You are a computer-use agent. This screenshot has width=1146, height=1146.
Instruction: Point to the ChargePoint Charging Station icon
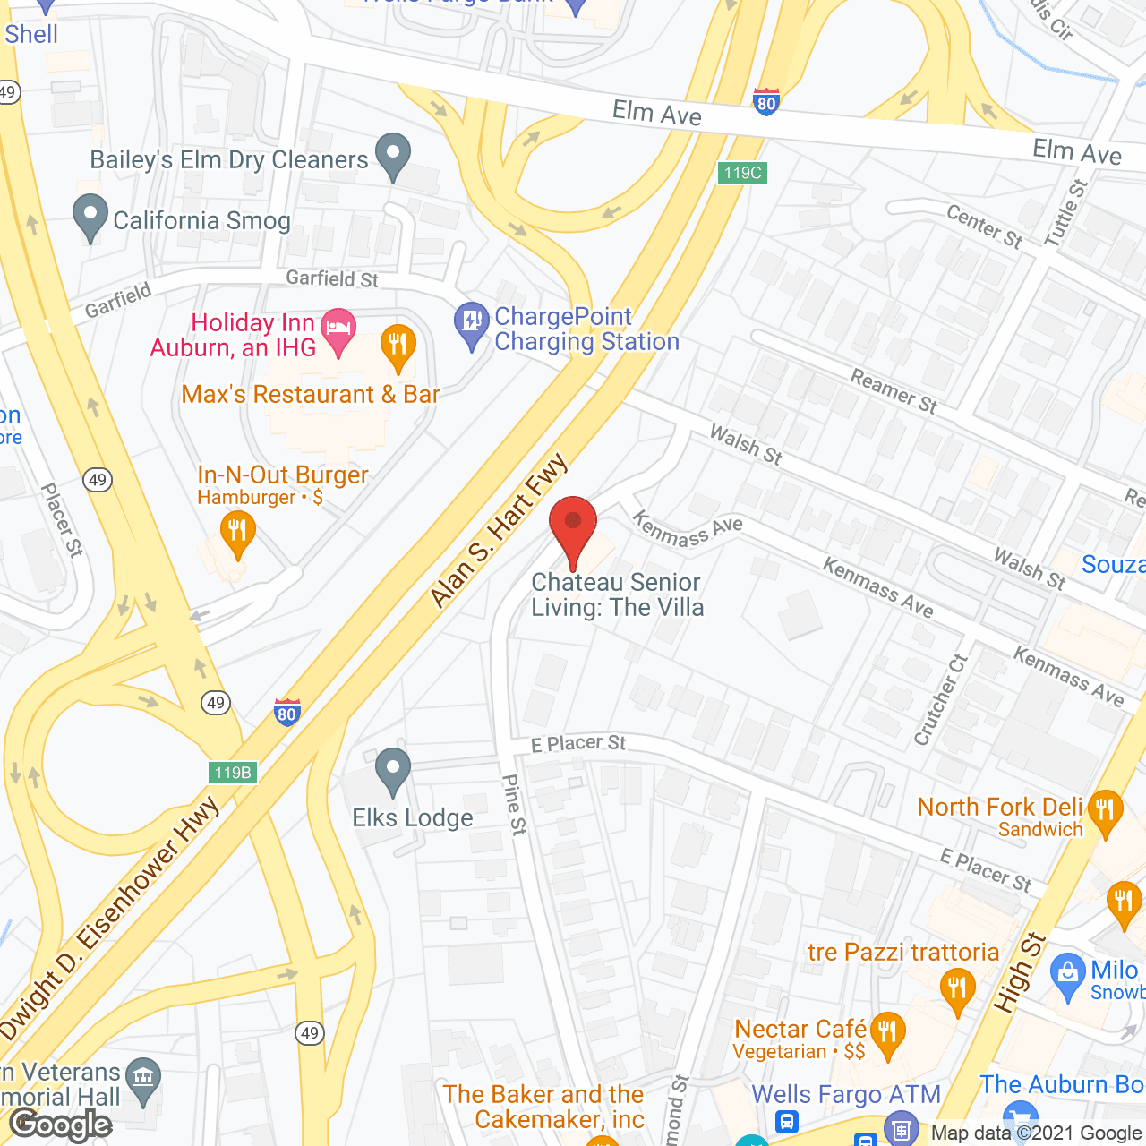[471, 324]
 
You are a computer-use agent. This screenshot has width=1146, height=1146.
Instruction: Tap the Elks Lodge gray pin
[392, 771]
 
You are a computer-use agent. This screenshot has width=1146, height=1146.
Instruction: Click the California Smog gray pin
[90, 218]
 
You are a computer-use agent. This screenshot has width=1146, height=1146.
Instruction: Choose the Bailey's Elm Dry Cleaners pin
[392, 156]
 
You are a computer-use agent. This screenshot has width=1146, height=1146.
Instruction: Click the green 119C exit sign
[742, 173]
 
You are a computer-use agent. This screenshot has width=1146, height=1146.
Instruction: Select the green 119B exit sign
[233, 772]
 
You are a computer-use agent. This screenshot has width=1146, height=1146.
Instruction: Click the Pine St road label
[515, 804]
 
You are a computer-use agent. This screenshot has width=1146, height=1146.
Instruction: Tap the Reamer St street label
[894, 392]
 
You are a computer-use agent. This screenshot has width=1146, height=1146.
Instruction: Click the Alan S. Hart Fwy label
[499, 530]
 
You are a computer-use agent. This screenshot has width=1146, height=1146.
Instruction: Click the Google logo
[61, 1125]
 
